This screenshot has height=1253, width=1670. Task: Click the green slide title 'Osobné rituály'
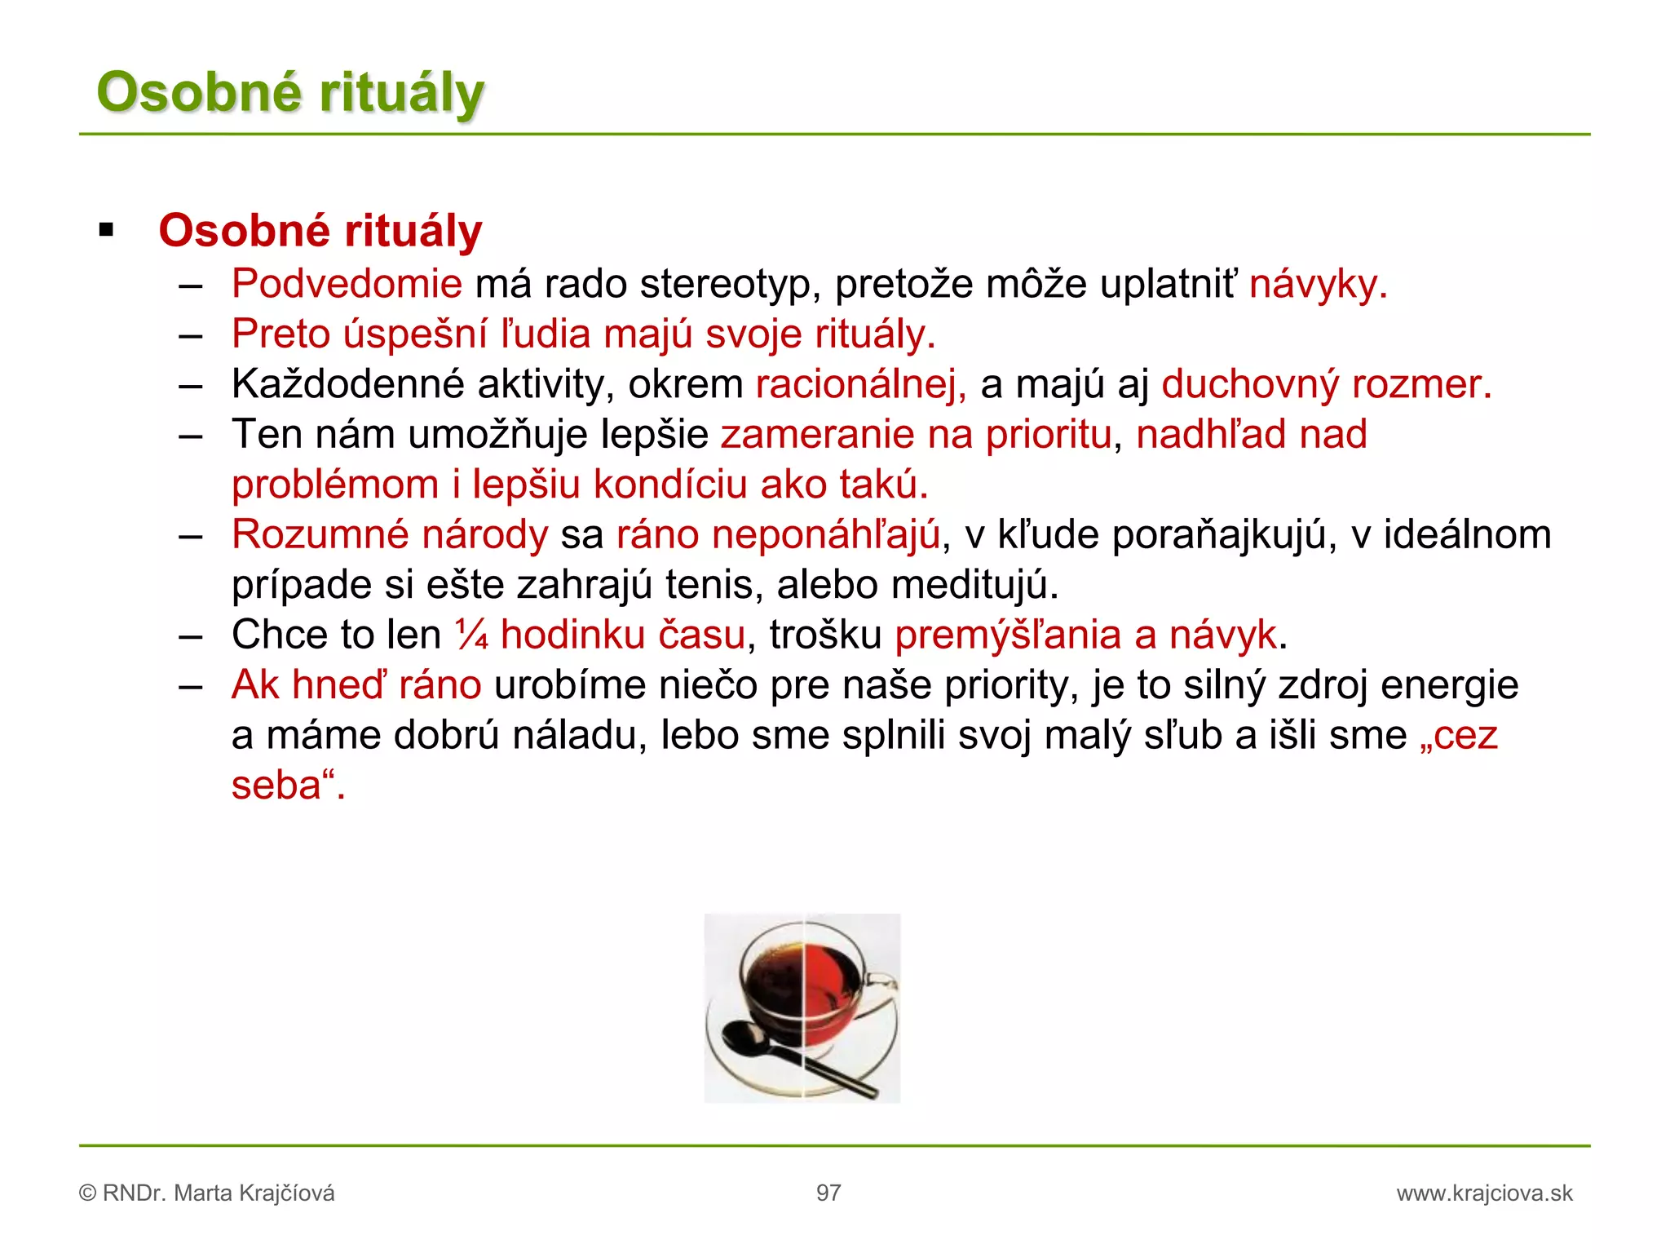[x=290, y=91]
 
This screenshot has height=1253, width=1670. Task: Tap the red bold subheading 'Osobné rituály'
[x=320, y=230]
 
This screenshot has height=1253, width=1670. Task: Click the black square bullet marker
[x=106, y=230]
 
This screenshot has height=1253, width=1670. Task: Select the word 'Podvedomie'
[x=347, y=284]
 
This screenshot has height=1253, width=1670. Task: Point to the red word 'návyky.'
[x=1318, y=284]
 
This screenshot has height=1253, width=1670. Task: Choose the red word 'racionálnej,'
[x=861, y=384]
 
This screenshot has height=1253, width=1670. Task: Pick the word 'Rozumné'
[x=320, y=535]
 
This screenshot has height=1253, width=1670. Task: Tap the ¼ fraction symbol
[x=471, y=635]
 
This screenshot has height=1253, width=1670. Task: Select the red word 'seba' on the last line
[x=276, y=786]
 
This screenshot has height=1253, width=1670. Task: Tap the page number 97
[x=828, y=1193]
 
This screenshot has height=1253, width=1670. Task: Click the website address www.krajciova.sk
[x=1484, y=1193]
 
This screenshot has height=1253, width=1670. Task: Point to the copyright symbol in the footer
[x=87, y=1193]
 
